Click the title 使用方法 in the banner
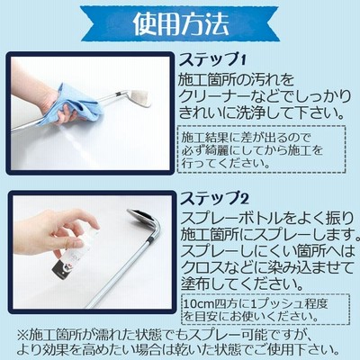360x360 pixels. [181, 23]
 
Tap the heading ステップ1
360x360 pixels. [212, 60]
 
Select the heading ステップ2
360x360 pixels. [214, 198]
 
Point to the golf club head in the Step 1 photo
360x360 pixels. [138, 98]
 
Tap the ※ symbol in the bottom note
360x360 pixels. [22, 335]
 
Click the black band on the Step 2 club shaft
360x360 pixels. [152, 240]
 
